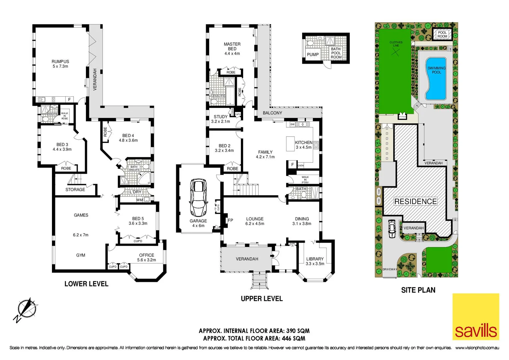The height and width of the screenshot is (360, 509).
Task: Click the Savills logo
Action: [x=476, y=316]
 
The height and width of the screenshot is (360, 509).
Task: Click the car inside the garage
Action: [x=198, y=198]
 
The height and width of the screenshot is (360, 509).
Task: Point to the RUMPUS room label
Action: [x=60, y=62]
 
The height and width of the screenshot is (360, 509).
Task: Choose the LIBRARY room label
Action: [x=315, y=259]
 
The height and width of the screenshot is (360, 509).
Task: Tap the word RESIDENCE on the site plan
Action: [x=415, y=202]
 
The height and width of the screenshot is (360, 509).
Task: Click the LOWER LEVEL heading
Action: [x=86, y=284]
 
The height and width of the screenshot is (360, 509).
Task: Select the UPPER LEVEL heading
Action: [x=261, y=299]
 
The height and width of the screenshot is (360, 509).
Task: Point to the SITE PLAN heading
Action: [x=418, y=290]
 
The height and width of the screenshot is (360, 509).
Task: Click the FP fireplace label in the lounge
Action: [x=230, y=220]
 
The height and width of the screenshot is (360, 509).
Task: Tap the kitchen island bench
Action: [x=290, y=144]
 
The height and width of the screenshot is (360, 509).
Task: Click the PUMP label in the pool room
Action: [x=312, y=55]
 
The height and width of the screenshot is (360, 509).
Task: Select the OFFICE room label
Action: [x=147, y=255]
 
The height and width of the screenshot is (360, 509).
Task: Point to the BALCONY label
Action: [x=272, y=113]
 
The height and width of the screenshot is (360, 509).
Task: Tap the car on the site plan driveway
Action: [x=392, y=229]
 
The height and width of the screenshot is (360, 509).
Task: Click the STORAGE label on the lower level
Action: [x=75, y=190]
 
